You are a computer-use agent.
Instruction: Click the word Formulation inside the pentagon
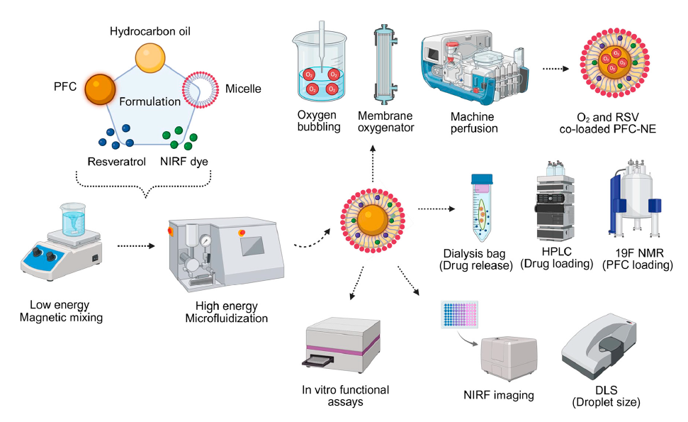click(150, 101)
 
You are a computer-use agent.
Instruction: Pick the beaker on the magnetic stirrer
click(72, 217)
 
